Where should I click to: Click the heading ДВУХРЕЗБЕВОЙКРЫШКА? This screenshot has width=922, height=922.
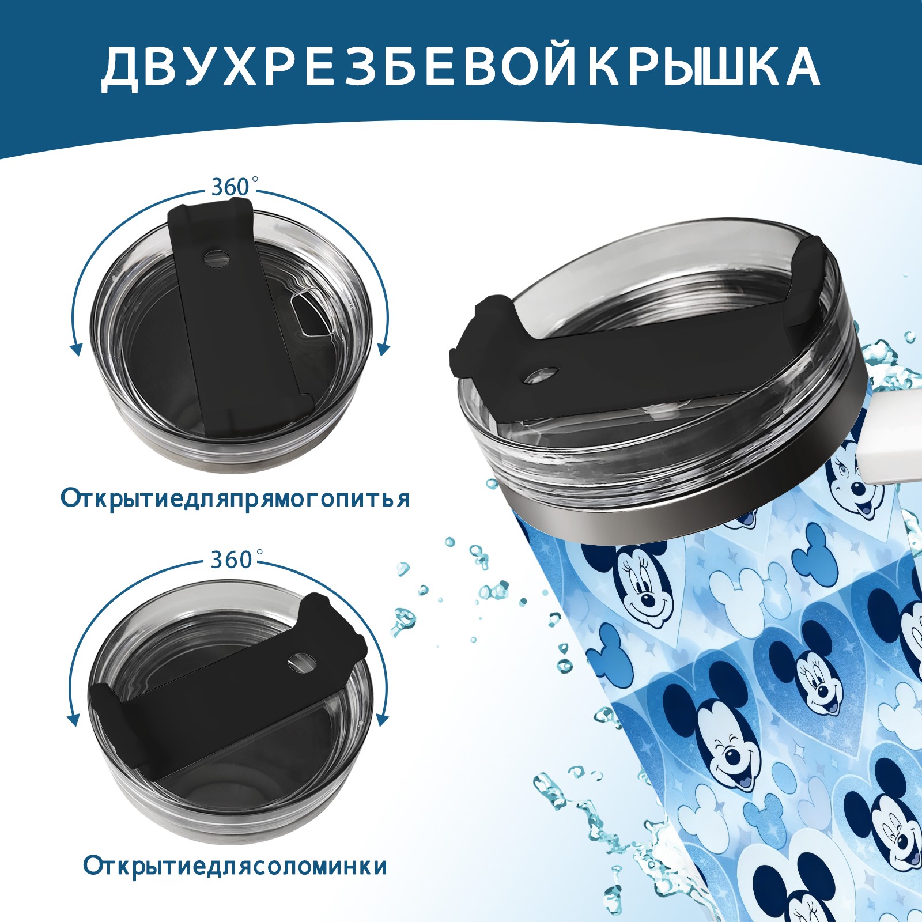coord(460,67)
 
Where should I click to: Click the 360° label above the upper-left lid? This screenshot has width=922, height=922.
coord(233,187)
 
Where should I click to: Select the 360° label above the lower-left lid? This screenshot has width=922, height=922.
coord(233,560)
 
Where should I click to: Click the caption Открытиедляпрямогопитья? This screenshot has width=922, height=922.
coord(235,498)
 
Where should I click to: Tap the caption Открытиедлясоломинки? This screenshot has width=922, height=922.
coord(235,882)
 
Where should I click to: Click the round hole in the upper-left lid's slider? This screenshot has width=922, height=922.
coord(217,258)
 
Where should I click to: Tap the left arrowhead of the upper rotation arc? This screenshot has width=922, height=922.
coord(75,349)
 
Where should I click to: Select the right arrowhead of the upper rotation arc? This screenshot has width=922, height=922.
coord(384,349)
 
